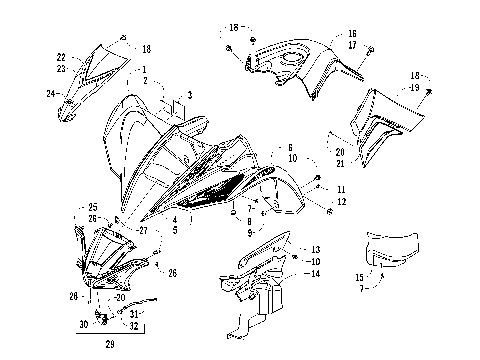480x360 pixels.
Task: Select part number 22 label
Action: [x=61, y=57]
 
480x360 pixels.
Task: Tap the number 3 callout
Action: [x=188, y=97]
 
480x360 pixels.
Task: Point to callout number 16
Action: [x=352, y=33]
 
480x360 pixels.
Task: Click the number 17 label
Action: [x=352, y=45]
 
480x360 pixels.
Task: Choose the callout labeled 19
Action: [x=441, y=89]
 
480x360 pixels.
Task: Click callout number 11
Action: [x=341, y=189]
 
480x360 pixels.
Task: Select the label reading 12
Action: [x=341, y=202]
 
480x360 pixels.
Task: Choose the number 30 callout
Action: [x=84, y=324]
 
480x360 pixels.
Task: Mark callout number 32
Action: [x=134, y=326]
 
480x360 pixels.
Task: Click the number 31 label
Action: [x=134, y=314]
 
